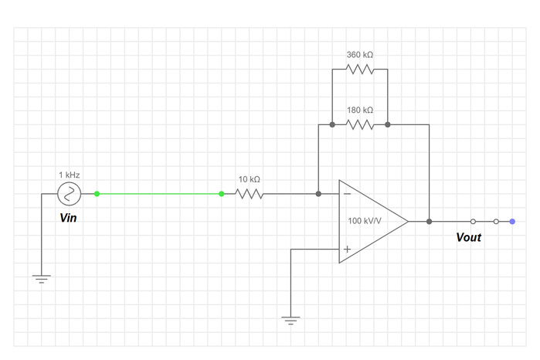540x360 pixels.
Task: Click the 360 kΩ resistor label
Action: (360, 56)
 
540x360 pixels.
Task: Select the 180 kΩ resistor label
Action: (360, 110)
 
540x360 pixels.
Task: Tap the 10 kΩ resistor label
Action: (249, 178)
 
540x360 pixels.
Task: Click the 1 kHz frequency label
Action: (70, 175)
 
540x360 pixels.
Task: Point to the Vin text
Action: (69, 218)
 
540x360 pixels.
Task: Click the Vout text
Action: (468, 237)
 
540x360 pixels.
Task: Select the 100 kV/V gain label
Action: (365, 221)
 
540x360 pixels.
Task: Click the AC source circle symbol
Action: (70, 193)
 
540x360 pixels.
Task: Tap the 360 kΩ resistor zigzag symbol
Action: (360, 69)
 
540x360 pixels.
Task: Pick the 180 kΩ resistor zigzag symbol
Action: (360, 124)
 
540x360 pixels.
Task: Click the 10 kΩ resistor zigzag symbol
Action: (249, 193)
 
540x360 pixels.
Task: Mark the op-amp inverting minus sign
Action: (347, 193)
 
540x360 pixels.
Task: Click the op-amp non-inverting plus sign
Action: (347, 249)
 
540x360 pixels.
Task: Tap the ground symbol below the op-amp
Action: (291, 321)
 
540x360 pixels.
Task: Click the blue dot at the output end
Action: (512, 222)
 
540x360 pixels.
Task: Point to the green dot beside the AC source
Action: (97, 193)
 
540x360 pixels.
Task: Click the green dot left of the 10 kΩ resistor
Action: (222, 193)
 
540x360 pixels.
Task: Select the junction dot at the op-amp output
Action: (430, 222)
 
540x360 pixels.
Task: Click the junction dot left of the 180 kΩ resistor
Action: (332, 124)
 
